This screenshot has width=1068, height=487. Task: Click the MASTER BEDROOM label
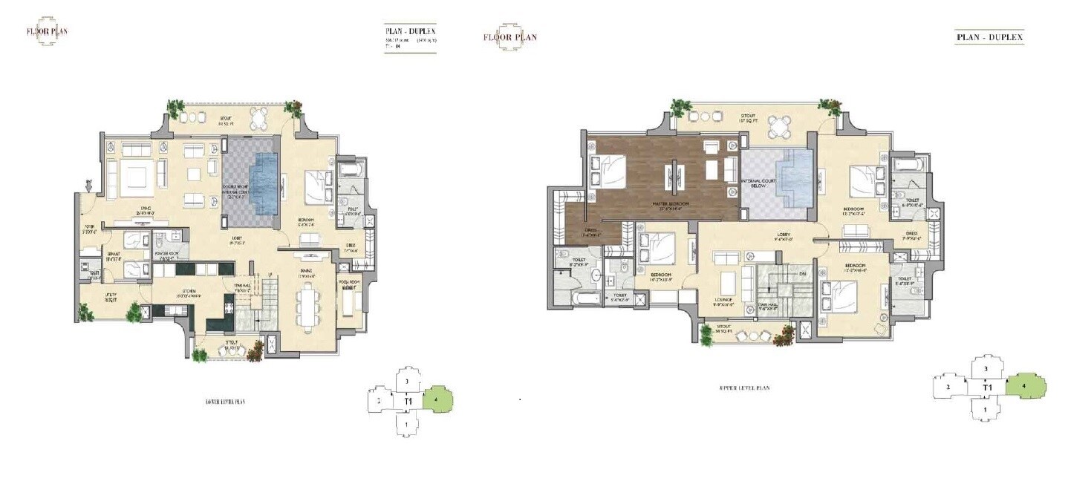pos(671,204)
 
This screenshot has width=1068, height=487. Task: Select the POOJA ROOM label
pos(348,284)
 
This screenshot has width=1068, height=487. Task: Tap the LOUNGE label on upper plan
pos(724,300)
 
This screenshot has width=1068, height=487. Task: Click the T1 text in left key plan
pos(408,402)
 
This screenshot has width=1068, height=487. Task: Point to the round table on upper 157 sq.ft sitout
pos(778,126)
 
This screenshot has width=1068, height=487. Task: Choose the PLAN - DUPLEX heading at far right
pos(989,36)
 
